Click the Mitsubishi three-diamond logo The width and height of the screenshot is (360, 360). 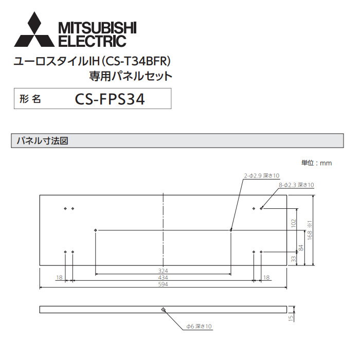coord(34,30)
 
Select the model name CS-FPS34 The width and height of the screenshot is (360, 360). coord(110,99)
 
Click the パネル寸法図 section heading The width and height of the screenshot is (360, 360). coord(46,140)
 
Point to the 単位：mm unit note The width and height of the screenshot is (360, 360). coord(316,163)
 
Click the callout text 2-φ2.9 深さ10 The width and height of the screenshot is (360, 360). coord(262,176)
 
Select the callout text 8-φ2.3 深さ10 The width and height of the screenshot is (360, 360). coord(297,184)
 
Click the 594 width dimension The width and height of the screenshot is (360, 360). coord(163,284)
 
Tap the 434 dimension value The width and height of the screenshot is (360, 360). coord(163,278)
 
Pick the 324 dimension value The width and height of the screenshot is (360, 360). coord(163,271)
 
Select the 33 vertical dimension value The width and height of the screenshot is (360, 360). coord(294,259)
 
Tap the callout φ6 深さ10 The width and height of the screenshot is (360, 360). coord(199,327)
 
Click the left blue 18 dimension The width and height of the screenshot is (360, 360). coord(60,278)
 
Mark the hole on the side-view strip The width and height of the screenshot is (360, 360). coord(163,310)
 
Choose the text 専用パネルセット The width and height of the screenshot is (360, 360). coord(131,77)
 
